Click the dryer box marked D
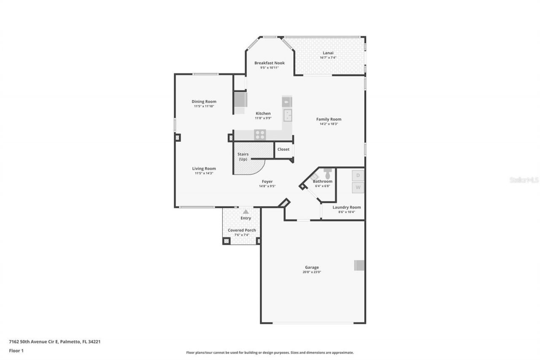tap(358, 175)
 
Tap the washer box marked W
tap(358, 187)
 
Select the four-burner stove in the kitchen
tap(260, 135)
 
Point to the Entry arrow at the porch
tap(246, 211)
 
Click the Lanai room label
tap(328, 53)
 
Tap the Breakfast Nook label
tap(269, 63)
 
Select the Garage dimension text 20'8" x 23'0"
tap(312, 272)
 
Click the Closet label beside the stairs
tap(283, 149)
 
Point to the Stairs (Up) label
tap(243, 157)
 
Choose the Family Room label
tap(329, 119)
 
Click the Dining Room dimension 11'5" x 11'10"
tap(204, 106)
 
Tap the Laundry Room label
tap(346, 207)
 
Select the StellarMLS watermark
tap(524, 180)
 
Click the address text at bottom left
tap(55, 342)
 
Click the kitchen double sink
tap(288, 115)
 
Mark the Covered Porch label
tap(242, 230)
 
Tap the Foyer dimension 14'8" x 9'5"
tap(267, 186)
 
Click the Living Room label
tap(204, 168)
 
